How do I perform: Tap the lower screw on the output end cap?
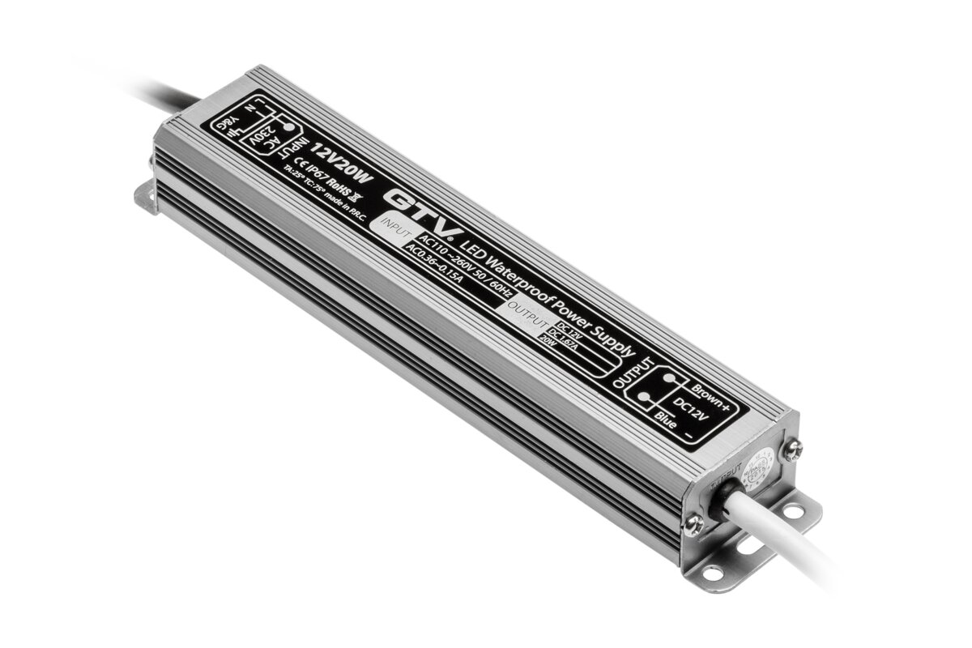click(x=693, y=524)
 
